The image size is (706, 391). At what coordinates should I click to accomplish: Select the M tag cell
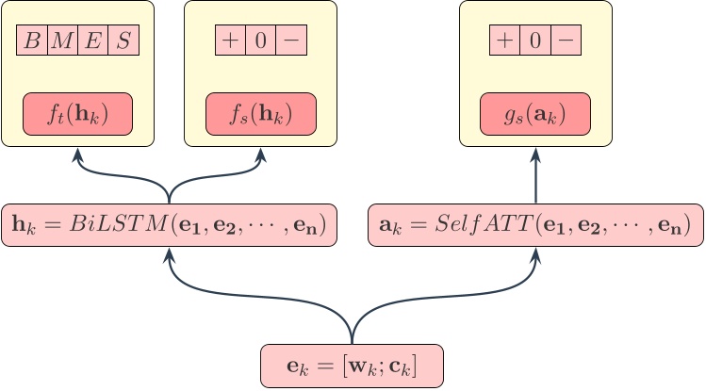pyautogui.click(x=63, y=41)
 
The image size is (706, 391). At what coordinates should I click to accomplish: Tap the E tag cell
pyautogui.click(x=93, y=41)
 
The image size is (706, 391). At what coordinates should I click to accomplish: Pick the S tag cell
pyautogui.click(x=123, y=41)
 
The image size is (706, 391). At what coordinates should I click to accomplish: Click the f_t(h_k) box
pyautogui.click(x=78, y=114)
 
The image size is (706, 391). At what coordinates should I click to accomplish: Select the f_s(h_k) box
pyautogui.click(x=261, y=114)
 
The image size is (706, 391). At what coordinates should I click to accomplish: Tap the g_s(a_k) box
pyautogui.click(x=535, y=114)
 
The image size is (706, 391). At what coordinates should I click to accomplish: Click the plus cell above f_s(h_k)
pyautogui.click(x=230, y=41)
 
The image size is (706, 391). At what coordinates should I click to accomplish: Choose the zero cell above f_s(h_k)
pyautogui.click(x=261, y=41)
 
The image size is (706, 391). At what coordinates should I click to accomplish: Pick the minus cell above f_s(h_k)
pyautogui.click(x=291, y=41)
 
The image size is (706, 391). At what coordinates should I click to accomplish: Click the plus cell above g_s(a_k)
pyautogui.click(x=505, y=41)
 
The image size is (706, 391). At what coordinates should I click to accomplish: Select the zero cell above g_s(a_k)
pyautogui.click(x=536, y=41)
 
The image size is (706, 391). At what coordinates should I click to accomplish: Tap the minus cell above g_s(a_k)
pyautogui.click(x=566, y=41)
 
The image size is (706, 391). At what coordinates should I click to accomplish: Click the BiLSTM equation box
pyautogui.click(x=170, y=225)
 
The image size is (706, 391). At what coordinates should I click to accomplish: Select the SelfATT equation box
pyautogui.click(x=535, y=225)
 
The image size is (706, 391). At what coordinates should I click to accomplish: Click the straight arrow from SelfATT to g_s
pyautogui.click(x=535, y=179)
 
